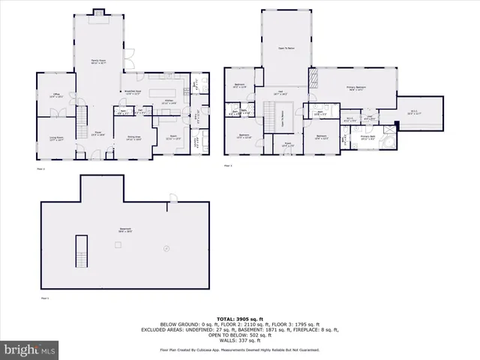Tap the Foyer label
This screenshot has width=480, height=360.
point(97,133)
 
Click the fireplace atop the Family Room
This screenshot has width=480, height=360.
point(98,11)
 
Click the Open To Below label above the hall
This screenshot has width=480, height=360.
point(286,47)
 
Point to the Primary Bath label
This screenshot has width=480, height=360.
point(368,138)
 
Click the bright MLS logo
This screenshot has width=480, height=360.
point(30,349)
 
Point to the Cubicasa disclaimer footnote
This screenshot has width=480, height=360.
point(239,350)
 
